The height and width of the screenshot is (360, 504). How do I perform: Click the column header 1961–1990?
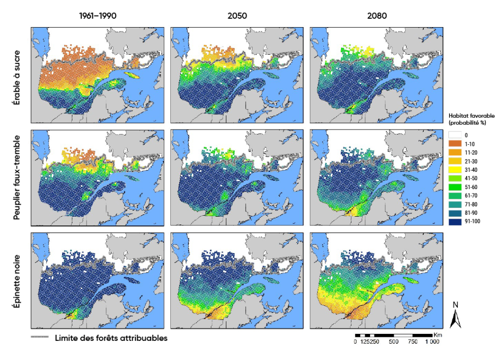point(98,16)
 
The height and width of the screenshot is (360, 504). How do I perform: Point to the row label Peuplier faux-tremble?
point(18,177)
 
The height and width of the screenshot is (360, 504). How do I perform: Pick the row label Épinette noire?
point(18,280)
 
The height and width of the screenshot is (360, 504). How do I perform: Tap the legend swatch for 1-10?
point(455,143)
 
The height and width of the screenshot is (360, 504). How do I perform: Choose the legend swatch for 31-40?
point(455,169)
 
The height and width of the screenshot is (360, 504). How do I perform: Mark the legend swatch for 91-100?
point(455,222)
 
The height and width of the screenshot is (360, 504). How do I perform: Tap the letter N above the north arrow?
point(455,304)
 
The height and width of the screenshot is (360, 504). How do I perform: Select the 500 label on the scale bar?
point(394,342)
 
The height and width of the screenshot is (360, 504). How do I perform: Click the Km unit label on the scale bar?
point(439,335)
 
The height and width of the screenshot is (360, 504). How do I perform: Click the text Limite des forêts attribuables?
point(111,338)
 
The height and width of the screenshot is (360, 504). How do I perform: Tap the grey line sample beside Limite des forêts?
point(40,337)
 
